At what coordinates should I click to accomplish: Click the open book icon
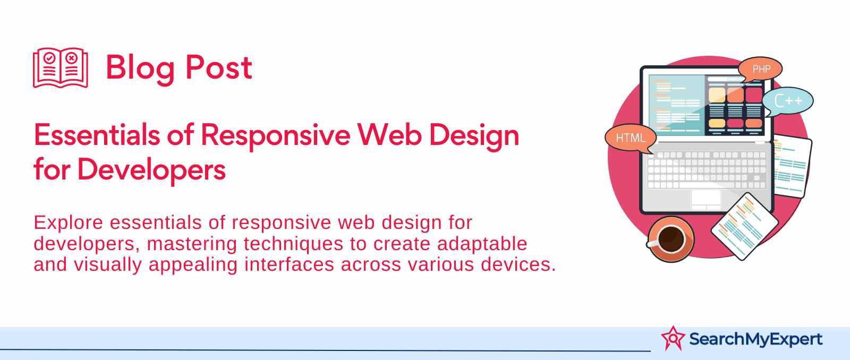[x=61, y=67]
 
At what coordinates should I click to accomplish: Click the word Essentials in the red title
[x=97, y=135]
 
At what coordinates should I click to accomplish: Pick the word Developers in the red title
[x=151, y=170]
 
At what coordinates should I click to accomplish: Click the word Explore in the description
[x=69, y=222]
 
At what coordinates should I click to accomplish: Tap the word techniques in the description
[x=293, y=244]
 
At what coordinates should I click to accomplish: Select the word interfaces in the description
[x=289, y=264]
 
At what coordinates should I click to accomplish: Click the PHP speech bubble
[x=760, y=69]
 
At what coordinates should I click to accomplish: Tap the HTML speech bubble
[x=631, y=138]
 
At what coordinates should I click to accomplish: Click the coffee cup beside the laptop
[x=670, y=239]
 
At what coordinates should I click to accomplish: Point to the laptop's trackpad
[x=706, y=200]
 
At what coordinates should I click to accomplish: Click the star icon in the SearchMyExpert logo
[x=673, y=338]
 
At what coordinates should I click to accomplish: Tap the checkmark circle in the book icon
[x=49, y=58]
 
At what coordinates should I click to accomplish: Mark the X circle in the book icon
[x=71, y=58]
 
